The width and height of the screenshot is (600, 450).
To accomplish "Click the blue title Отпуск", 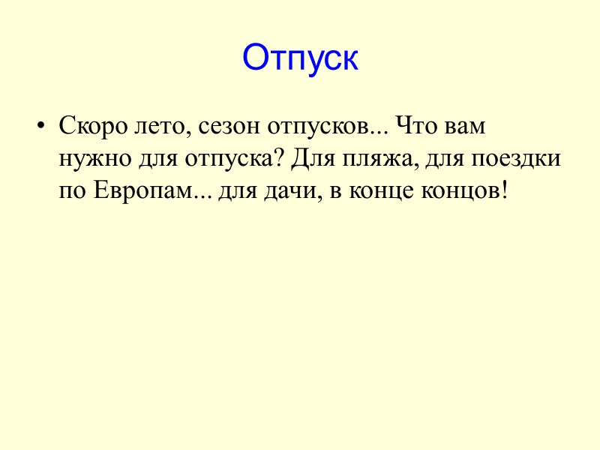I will coord(300,58).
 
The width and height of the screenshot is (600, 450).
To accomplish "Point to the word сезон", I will coord(222,127).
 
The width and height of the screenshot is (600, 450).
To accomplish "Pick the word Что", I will coord(415,126).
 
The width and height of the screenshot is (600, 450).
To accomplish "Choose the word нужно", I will coord(91,160).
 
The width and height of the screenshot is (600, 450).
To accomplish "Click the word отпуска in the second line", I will coord(233,160).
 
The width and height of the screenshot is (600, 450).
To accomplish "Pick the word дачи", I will coord(289,191).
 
